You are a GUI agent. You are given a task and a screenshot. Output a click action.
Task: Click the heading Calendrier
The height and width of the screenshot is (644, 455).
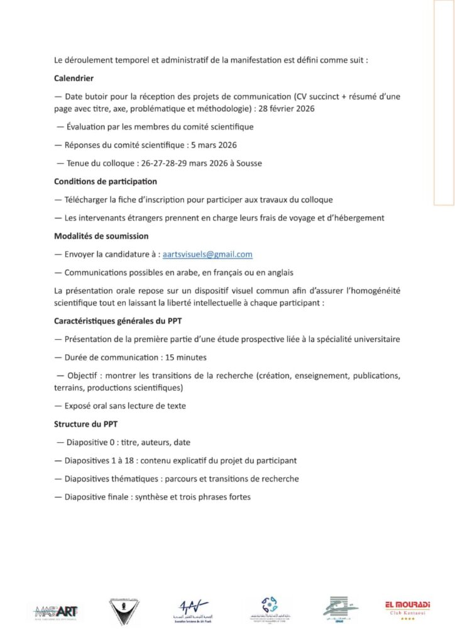(74, 79)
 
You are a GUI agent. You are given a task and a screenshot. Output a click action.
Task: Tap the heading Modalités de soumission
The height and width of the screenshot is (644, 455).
(92, 236)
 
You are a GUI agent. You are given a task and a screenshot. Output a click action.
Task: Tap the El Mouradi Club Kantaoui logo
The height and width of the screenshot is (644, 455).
(407, 608)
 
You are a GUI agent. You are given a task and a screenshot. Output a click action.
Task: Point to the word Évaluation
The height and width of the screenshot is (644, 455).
(89, 126)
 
